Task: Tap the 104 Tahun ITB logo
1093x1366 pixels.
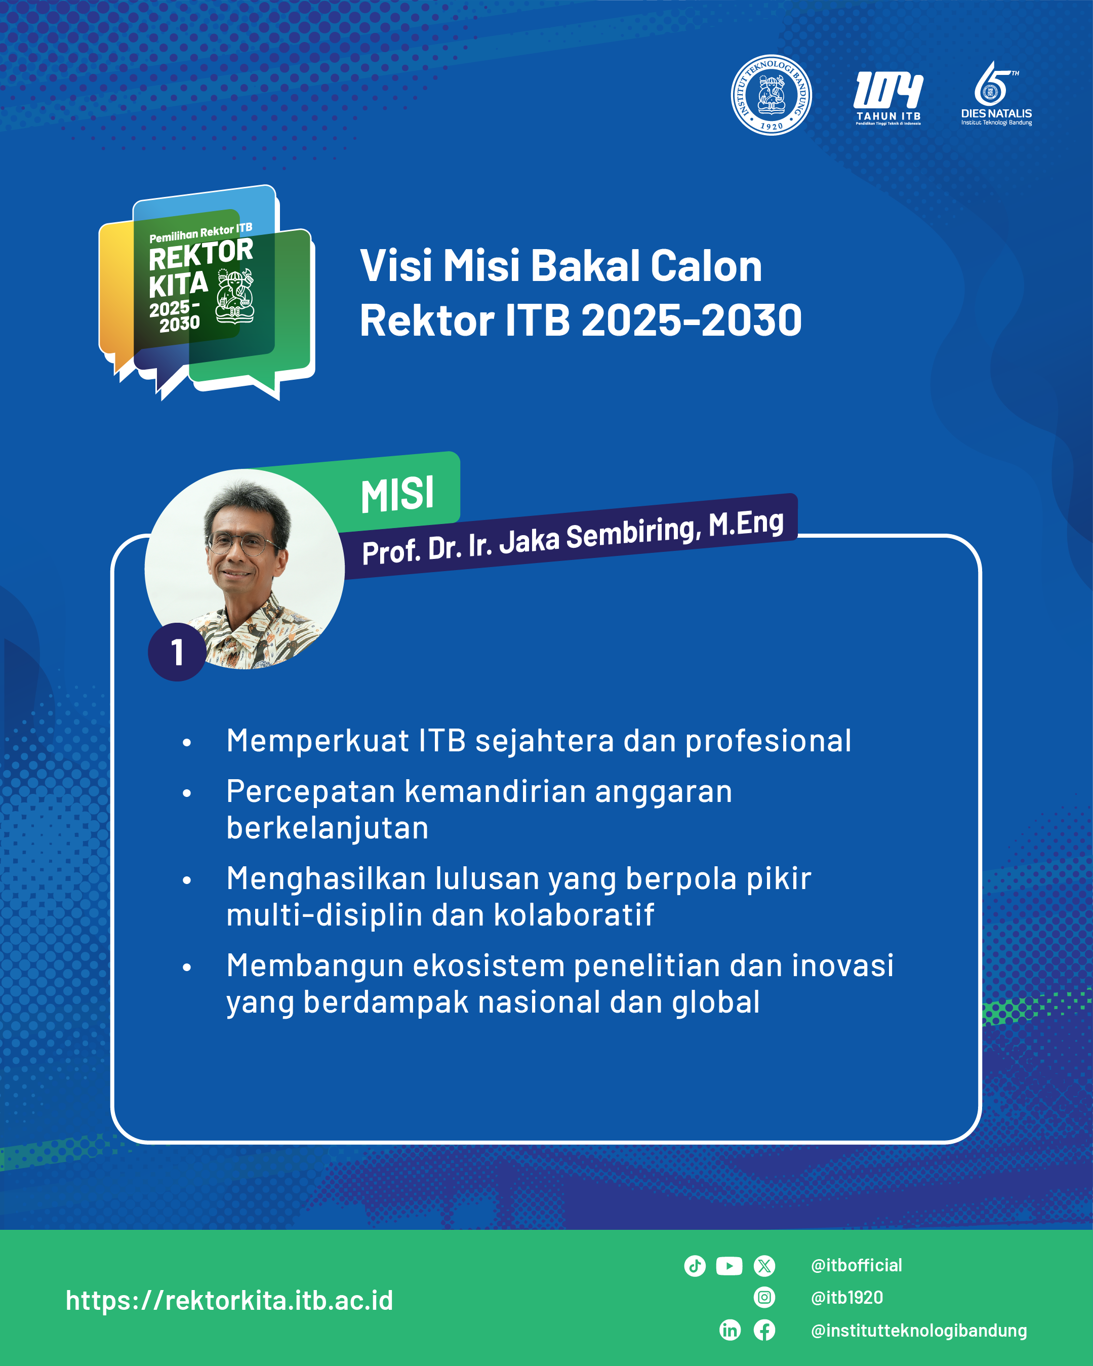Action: coord(888,98)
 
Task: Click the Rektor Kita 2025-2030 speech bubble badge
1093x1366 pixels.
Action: coord(207,292)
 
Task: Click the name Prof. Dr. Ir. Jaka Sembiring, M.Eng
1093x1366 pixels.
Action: coord(573,537)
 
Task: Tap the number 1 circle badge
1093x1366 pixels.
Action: coord(177,652)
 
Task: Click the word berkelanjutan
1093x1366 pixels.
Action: coord(328,828)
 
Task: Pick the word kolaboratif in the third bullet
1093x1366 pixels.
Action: coord(574,915)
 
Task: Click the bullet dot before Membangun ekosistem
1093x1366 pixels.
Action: coord(187,968)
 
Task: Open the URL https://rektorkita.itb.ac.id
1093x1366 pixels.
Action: coord(229,1300)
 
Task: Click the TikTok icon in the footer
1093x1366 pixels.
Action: coord(695,1266)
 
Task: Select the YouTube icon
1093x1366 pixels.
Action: coord(730,1266)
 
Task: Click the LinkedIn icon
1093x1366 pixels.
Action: coord(730,1330)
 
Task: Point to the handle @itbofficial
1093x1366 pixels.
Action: coord(857,1266)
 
